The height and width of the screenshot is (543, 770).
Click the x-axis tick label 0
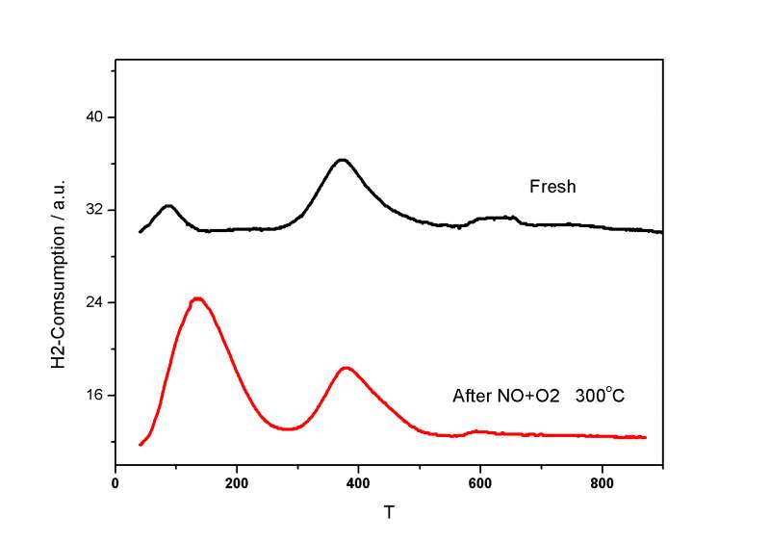tap(115, 484)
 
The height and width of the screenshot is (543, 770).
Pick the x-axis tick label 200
tap(237, 484)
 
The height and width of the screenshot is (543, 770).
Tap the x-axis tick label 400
tap(358, 484)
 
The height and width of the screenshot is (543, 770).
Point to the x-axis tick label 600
tap(480, 484)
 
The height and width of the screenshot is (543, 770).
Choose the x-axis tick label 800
tap(602, 484)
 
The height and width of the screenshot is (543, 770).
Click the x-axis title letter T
tap(388, 513)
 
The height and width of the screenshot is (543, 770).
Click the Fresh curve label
tap(552, 187)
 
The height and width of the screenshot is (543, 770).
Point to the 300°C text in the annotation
tap(602, 395)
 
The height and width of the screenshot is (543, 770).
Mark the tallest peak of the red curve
tap(197, 298)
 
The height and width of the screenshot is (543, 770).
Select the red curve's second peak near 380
tap(346, 368)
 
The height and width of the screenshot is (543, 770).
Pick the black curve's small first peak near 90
tap(168, 205)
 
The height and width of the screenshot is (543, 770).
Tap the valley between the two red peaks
tap(287, 428)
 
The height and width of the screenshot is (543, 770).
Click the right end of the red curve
tap(645, 437)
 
